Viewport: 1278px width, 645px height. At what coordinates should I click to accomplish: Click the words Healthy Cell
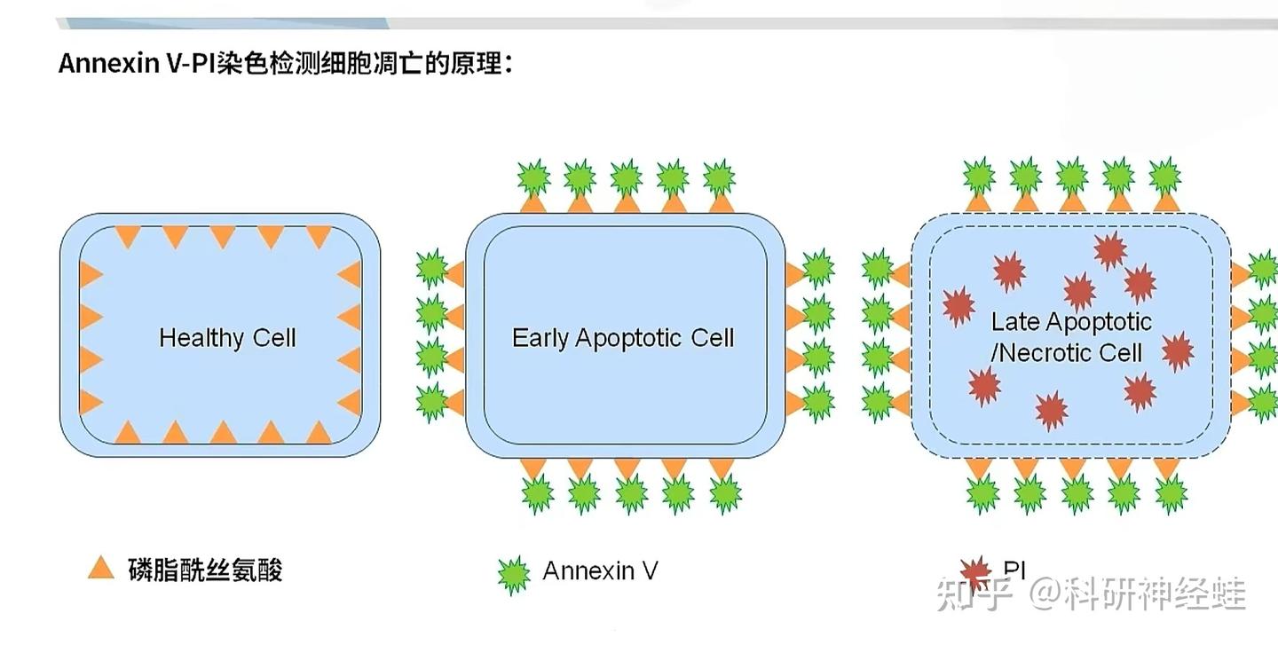227,338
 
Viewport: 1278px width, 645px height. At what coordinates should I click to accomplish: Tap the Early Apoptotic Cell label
623,338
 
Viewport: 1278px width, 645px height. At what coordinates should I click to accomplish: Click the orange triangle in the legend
101,568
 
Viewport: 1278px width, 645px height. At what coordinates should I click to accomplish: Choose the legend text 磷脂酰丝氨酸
205,570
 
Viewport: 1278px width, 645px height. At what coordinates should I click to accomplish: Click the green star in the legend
513,575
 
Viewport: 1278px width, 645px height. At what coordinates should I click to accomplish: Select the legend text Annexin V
600,570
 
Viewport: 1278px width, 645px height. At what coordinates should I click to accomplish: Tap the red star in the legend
975,573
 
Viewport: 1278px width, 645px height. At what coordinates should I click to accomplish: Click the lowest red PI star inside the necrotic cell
1051,411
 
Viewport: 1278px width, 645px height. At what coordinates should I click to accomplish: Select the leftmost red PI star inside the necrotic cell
958,306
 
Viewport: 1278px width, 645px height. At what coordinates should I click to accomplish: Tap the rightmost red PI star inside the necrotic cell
1177,351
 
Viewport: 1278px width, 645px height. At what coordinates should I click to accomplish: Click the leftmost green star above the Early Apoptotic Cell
532,177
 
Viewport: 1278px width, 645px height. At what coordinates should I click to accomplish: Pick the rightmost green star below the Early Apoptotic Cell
725,492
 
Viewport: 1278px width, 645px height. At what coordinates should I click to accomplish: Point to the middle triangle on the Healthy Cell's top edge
223,236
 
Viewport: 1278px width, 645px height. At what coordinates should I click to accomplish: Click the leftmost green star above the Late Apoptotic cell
978,176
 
